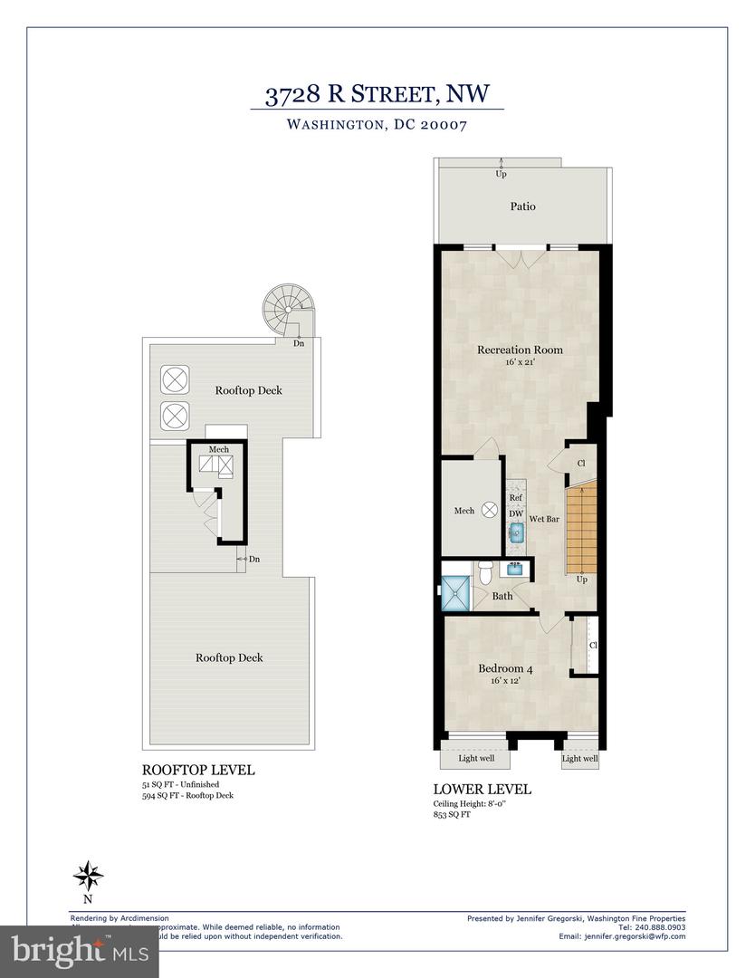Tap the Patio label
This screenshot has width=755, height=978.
(x=522, y=206)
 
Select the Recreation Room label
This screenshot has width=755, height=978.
(x=520, y=350)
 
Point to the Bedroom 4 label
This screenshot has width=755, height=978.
(x=505, y=669)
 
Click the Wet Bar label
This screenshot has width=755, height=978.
(x=543, y=520)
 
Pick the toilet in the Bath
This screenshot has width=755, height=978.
(x=486, y=572)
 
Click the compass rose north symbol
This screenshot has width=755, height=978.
(x=88, y=875)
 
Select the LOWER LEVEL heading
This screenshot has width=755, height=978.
(x=483, y=790)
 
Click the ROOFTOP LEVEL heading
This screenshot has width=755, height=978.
(x=198, y=770)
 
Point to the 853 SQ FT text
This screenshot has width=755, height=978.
(x=453, y=815)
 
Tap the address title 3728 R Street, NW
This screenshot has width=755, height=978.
(x=377, y=93)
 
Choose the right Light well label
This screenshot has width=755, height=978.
(x=579, y=759)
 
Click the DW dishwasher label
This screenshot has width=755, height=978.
(x=515, y=513)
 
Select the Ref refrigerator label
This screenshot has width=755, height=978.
(x=515, y=497)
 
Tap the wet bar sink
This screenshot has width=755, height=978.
(x=515, y=534)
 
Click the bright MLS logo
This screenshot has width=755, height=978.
(x=80, y=951)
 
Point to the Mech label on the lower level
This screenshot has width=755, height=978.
(x=464, y=511)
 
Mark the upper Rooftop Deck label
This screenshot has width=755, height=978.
(x=248, y=391)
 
